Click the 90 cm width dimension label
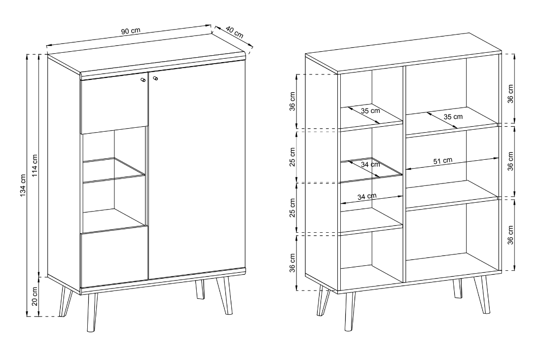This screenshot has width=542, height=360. [x=131, y=31]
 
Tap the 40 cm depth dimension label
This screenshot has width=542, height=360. [x=235, y=32]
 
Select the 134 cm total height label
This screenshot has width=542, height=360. [x=23, y=185]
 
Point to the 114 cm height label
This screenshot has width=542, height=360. [x=35, y=166]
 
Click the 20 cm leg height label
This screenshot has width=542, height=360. [x=35, y=297]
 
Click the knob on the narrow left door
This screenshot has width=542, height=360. [x=144, y=80]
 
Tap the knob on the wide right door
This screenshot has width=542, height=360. [x=155, y=79]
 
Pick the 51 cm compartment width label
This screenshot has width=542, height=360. [x=443, y=161]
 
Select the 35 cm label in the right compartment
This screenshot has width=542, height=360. [x=453, y=117]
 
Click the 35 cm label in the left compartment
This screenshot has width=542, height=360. [x=370, y=111]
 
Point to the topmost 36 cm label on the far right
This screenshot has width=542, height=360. [x=510, y=94]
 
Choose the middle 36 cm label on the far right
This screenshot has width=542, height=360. [x=510, y=161]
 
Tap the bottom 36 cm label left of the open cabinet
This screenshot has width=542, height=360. [x=293, y=263]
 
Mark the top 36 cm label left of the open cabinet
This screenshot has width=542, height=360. [x=293, y=101]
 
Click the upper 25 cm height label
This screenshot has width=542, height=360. [x=293, y=157]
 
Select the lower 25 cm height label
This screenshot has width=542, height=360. [x=293, y=208]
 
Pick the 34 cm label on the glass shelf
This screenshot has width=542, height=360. [x=370, y=164]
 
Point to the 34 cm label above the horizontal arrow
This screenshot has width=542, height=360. [x=367, y=196]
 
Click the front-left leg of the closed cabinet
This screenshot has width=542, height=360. [x=92, y=313]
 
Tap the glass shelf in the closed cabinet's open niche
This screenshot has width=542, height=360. [x=114, y=170]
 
